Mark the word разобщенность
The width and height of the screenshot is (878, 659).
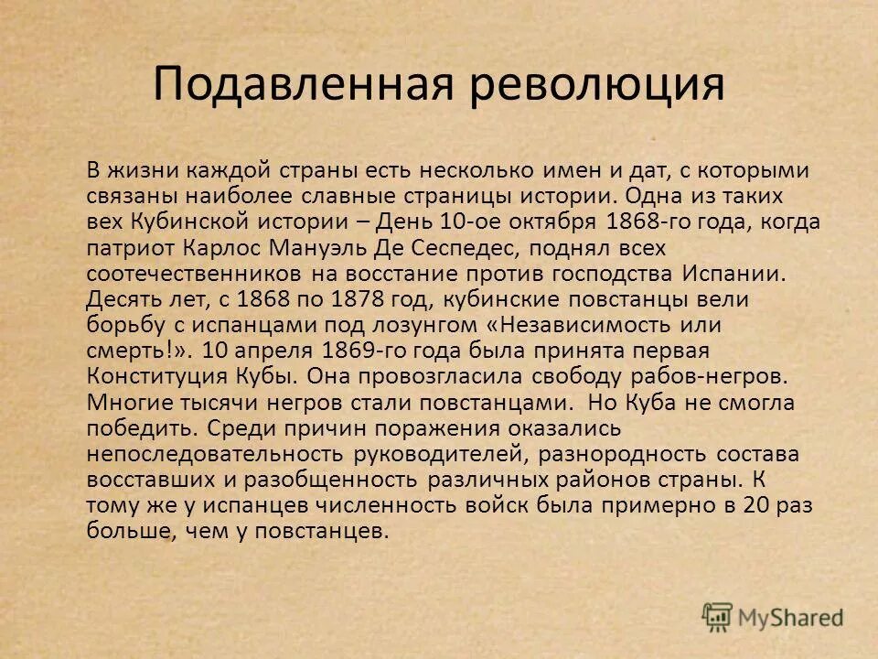tap(330, 479)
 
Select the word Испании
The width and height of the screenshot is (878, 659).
tap(732, 273)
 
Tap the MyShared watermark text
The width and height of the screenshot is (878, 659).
tap(789, 618)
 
